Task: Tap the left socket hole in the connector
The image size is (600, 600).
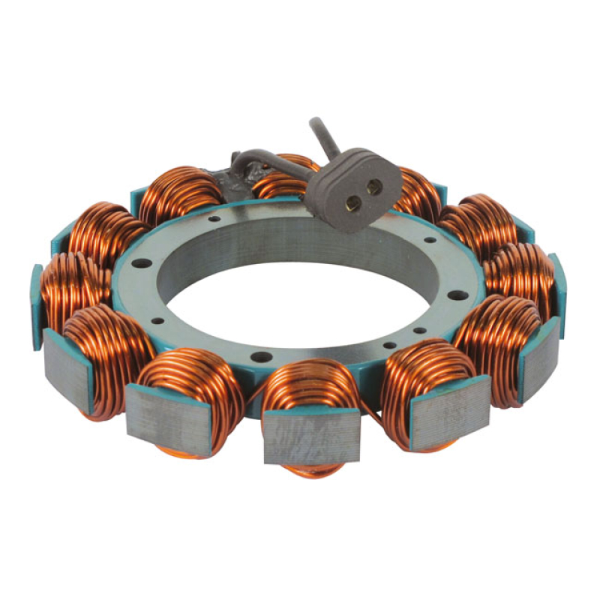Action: tap(352, 200)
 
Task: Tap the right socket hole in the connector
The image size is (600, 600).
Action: tap(371, 186)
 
